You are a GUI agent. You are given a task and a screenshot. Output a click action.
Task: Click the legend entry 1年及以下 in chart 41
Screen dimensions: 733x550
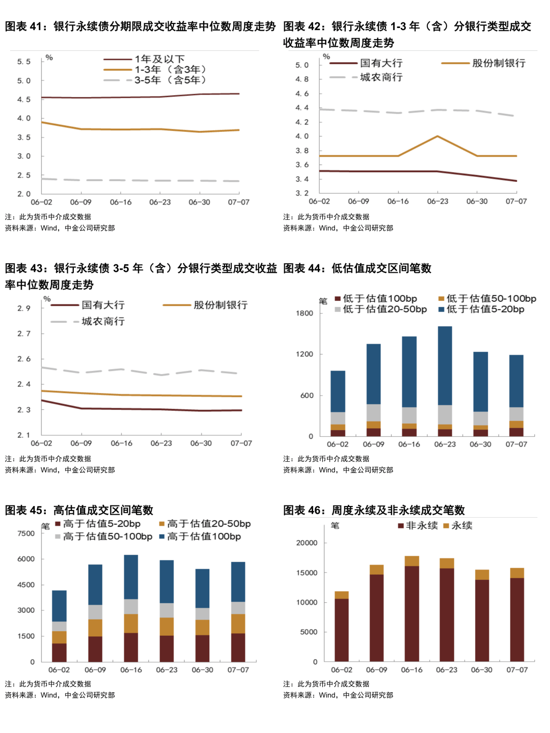[159, 59]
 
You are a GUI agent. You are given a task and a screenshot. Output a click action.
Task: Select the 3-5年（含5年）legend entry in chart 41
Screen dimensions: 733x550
[170, 80]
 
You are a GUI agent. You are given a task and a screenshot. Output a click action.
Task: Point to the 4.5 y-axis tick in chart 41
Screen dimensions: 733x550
[24, 99]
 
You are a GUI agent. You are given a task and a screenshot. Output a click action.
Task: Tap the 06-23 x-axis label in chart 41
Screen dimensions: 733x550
[160, 202]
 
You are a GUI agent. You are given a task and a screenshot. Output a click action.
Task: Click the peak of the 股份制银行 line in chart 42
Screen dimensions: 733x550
[437, 136]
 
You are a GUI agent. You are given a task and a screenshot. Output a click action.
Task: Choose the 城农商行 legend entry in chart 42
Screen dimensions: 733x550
[381, 77]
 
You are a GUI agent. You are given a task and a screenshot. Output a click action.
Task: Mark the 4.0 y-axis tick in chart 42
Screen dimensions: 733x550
[302, 136]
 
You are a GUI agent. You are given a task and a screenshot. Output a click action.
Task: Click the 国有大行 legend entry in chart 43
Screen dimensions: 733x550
[103, 305]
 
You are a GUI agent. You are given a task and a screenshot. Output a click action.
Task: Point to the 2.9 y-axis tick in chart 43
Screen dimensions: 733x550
[24, 308]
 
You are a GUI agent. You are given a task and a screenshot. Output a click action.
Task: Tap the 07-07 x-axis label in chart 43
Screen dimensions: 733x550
[241, 443]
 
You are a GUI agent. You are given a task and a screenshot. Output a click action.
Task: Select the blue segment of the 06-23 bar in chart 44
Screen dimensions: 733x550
[445, 365]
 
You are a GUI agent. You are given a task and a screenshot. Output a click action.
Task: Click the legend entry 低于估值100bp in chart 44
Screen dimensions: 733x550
[379, 299]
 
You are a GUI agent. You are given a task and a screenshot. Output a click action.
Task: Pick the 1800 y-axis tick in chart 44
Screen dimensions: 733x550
[305, 313]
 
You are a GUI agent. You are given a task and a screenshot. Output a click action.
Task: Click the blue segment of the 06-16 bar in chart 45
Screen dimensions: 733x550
[131, 577]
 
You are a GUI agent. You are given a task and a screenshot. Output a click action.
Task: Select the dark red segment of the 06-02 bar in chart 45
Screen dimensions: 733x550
[59, 652]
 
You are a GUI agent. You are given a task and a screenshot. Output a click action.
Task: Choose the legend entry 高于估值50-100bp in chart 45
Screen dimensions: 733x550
[107, 537]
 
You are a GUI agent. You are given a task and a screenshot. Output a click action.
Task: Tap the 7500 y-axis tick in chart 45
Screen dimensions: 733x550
[26, 533]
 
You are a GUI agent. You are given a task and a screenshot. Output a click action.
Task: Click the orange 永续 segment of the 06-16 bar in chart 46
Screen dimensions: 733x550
[411, 561]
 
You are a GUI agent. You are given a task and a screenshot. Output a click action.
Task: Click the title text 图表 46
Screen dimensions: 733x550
[306, 510]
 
